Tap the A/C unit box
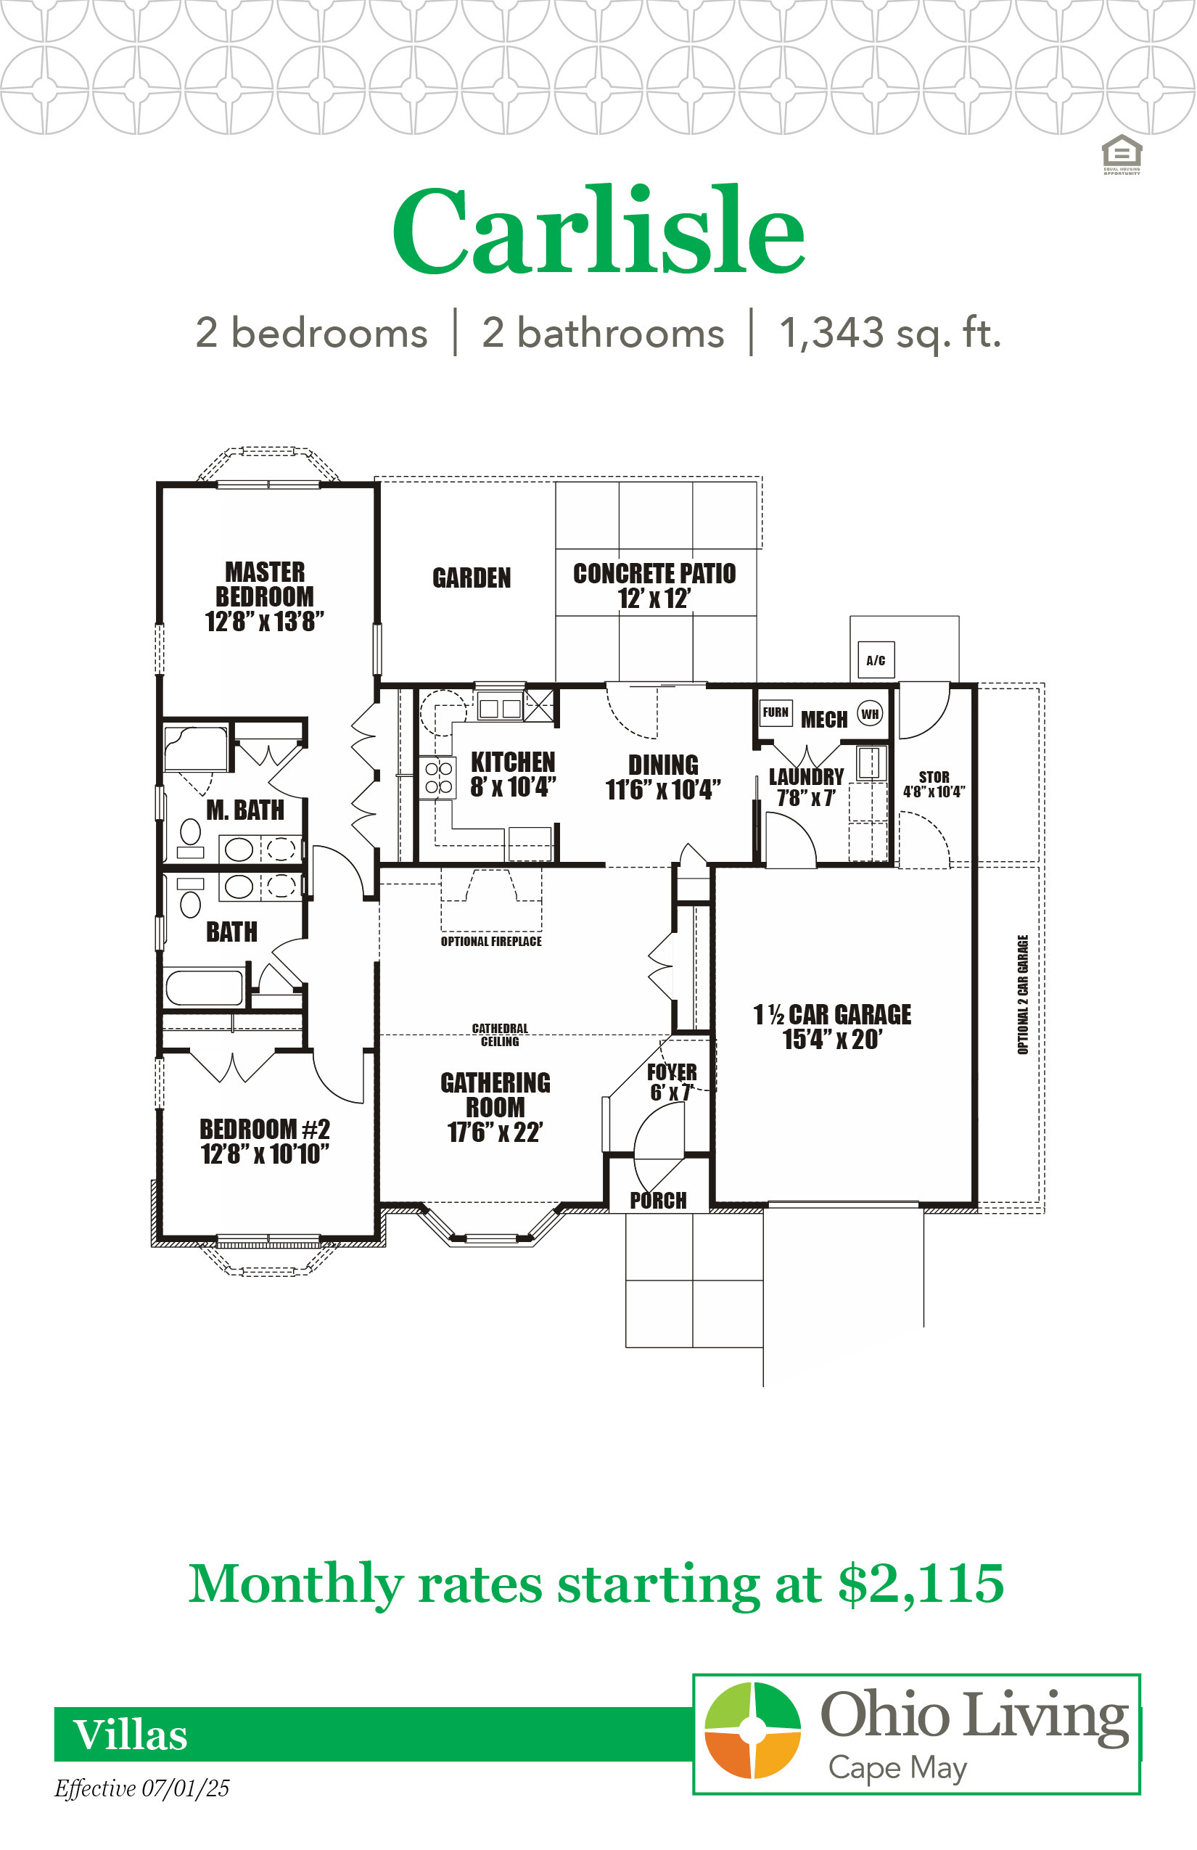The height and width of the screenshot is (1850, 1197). (x=876, y=660)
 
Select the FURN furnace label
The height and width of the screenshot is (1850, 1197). (x=776, y=712)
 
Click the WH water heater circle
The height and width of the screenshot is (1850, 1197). (x=870, y=714)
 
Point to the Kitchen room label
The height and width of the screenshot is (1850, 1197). (x=513, y=762)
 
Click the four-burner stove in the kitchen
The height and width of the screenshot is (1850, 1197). (x=438, y=777)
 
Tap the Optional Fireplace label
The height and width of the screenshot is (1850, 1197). (x=491, y=942)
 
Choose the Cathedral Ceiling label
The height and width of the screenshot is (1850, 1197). (x=500, y=1035)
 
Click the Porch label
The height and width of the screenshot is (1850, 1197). (x=659, y=1201)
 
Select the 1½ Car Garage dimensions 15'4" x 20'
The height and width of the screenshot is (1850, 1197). (x=833, y=1039)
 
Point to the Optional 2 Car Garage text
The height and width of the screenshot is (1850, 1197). (x=1023, y=994)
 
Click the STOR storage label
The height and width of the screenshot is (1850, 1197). (x=934, y=776)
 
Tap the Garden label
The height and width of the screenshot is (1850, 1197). (x=472, y=577)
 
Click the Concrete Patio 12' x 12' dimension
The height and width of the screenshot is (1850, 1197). (x=654, y=599)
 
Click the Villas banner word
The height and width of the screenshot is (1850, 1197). (x=131, y=1735)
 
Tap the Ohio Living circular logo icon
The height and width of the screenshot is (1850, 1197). (x=752, y=1730)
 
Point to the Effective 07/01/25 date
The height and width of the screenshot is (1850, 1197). (x=141, y=1788)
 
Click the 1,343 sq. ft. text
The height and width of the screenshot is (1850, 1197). (x=891, y=333)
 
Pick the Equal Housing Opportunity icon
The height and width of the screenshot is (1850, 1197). (x=1122, y=155)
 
